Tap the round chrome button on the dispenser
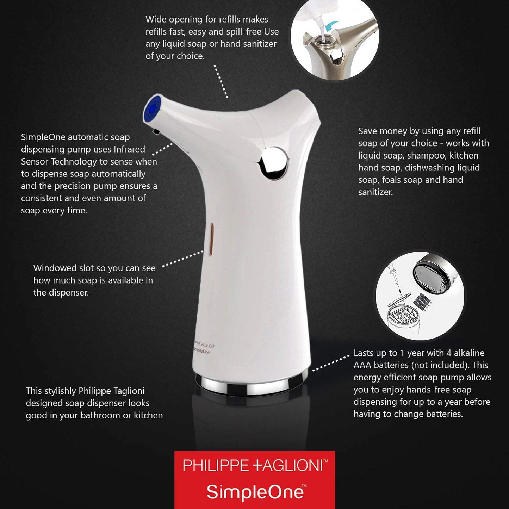pyautogui.click(x=274, y=162)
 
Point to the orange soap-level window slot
pyautogui.click(x=211, y=238)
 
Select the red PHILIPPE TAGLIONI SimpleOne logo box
pyautogui.click(x=255, y=479)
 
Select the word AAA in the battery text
pyautogui.click(x=362, y=365)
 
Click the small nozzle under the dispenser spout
pyautogui.click(x=155, y=132)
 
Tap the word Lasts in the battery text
pyautogui.click(x=365, y=353)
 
